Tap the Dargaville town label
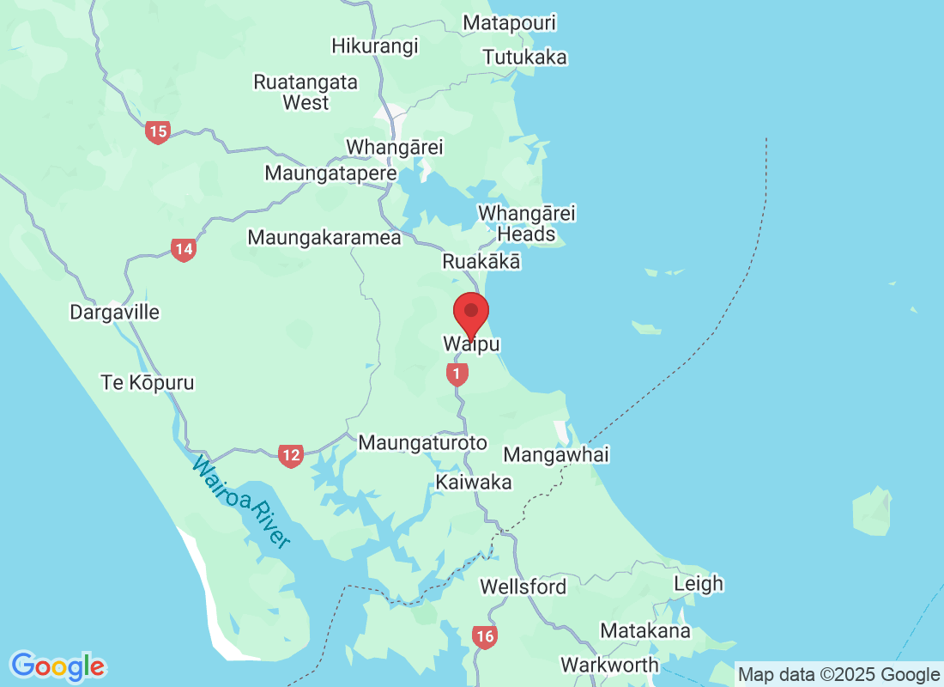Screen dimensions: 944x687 (x=115, y=312)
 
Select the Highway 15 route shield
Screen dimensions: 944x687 (x=157, y=131)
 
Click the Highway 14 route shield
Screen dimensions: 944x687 (x=183, y=250)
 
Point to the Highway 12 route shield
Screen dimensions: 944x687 (x=290, y=456)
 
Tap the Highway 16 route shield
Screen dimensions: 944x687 (x=484, y=636)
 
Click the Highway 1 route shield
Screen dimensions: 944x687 (x=457, y=374)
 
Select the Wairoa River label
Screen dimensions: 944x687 (x=241, y=502)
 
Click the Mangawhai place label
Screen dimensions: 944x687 (x=556, y=454)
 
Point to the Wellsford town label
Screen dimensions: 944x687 (x=523, y=587)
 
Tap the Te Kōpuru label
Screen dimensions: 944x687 (x=148, y=383)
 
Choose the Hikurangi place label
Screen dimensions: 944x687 (x=375, y=46)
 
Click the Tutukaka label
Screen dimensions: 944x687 (x=525, y=58)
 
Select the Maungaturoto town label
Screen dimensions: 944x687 (x=422, y=443)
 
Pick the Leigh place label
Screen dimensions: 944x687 (x=699, y=584)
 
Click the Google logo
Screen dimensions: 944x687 (x=58, y=666)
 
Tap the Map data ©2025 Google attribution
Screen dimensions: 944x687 (x=839, y=675)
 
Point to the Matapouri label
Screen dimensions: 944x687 (x=510, y=22)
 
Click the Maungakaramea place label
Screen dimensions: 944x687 (x=324, y=238)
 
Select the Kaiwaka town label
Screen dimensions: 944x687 (x=474, y=483)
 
